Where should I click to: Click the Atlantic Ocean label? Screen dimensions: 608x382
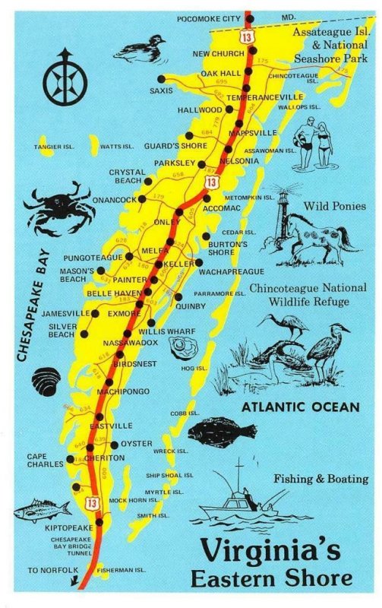tap(300, 407)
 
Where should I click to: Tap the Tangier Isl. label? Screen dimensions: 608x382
tap(54, 146)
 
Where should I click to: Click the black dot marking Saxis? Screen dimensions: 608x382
tap(161, 78)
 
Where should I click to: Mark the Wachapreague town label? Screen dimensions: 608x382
tap(232, 271)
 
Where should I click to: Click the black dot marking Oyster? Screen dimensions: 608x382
tap(115, 444)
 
